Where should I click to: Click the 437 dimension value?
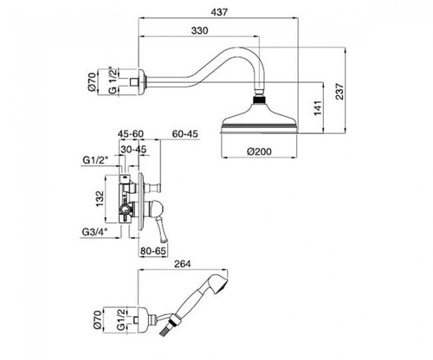[x=219, y=12]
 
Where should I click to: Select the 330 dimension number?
[x=199, y=30]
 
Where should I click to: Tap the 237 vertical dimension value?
[x=340, y=92]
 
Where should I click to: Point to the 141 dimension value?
[x=318, y=108]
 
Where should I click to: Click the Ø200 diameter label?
[x=259, y=151]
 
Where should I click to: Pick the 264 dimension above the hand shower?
[x=182, y=264]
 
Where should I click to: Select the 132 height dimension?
[x=100, y=198]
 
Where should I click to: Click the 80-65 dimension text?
[x=153, y=251]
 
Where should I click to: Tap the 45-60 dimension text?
[x=131, y=134]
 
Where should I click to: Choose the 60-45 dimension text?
[x=185, y=134]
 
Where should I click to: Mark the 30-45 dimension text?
[x=133, y=150]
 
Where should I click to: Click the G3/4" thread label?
[x=95, y=231]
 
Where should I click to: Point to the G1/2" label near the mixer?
[x=95, y=160]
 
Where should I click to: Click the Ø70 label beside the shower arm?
[x=92, y=81]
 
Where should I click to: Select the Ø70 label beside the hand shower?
[x=97, y=319]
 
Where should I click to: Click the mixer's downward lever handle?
[x=160, y=229]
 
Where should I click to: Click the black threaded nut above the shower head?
[x=259, y=100]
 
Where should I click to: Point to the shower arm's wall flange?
[x=142, y=81]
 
